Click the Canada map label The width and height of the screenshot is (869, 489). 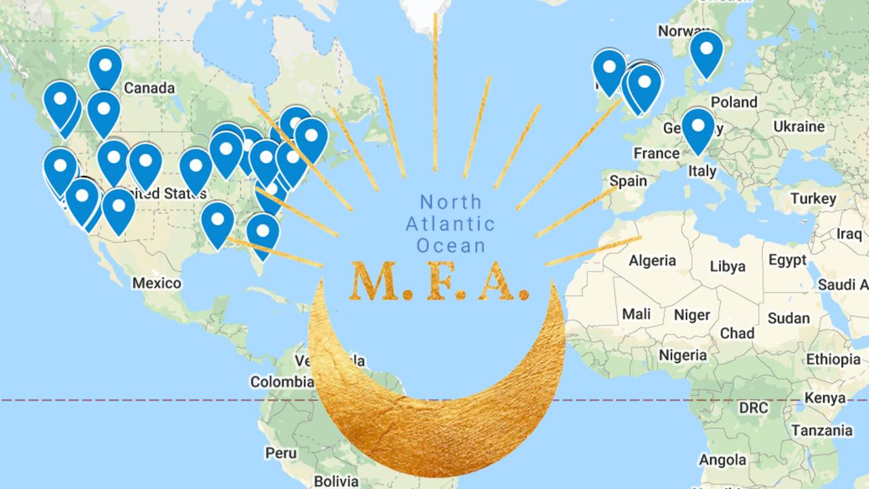coord(149,88)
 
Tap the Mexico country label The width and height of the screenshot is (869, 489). coord(156,283)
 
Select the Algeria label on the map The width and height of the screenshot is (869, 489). coord(652,260)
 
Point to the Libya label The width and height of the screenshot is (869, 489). coord(727,266)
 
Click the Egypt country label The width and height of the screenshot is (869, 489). coord(788,260)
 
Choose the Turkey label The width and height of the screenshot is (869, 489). coord(813,199)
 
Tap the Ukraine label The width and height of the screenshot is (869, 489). coord(798,126)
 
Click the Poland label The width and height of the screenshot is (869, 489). coord(733,102)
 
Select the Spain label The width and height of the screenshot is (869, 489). coord(628,181)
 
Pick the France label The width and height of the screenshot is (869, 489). coord(657,153)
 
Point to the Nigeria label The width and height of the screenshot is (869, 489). coord(682,355)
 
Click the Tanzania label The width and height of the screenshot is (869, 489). coord(821,431)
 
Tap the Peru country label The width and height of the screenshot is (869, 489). coord(281,452)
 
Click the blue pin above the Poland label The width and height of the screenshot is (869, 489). coord(706,53)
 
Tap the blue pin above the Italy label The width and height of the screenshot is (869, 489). coord(698,129)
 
